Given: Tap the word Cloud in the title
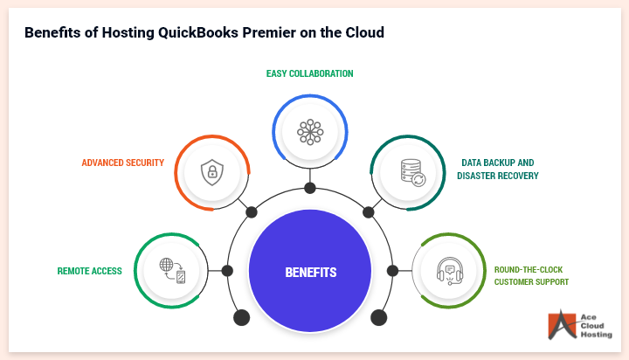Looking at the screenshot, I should (363, 33).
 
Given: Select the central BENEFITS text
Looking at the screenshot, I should (310, 273).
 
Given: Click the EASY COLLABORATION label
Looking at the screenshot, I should (310, 73).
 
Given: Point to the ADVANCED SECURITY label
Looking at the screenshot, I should (123, 163).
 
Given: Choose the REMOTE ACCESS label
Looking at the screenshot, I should (90, 271).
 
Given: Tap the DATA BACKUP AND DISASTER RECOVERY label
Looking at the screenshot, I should (497, 169).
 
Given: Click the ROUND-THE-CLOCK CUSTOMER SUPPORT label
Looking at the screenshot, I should (531, 276).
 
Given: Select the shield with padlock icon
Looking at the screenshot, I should (211, 171).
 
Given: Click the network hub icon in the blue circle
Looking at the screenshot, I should (310, 132).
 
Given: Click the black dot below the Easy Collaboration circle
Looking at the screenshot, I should (310, 188).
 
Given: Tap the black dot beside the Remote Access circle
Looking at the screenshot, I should (227, 271).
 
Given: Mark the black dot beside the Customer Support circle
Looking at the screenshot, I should (394, 271).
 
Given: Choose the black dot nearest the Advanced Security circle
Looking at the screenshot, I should (252, 211).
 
